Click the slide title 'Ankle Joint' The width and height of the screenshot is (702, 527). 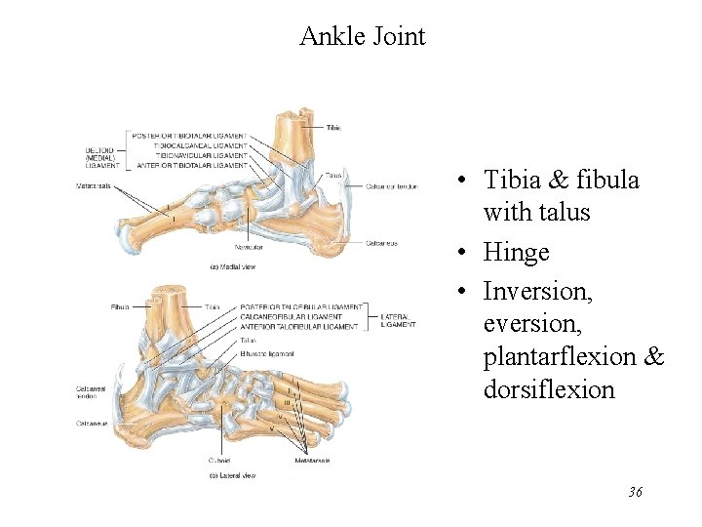coord(362,37)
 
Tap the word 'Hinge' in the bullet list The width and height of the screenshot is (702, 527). coord(517,253)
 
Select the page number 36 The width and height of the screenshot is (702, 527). coord(635,492)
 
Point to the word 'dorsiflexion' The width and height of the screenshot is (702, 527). coord(549,390)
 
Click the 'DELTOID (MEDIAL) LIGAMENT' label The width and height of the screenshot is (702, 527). coord(100,157)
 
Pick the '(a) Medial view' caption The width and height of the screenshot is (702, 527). coord(234,265)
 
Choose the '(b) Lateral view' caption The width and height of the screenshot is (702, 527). coord(234,475)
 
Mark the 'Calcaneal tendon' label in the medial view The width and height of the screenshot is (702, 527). coord(392,186)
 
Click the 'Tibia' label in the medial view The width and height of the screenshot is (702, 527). coord(333,128)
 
